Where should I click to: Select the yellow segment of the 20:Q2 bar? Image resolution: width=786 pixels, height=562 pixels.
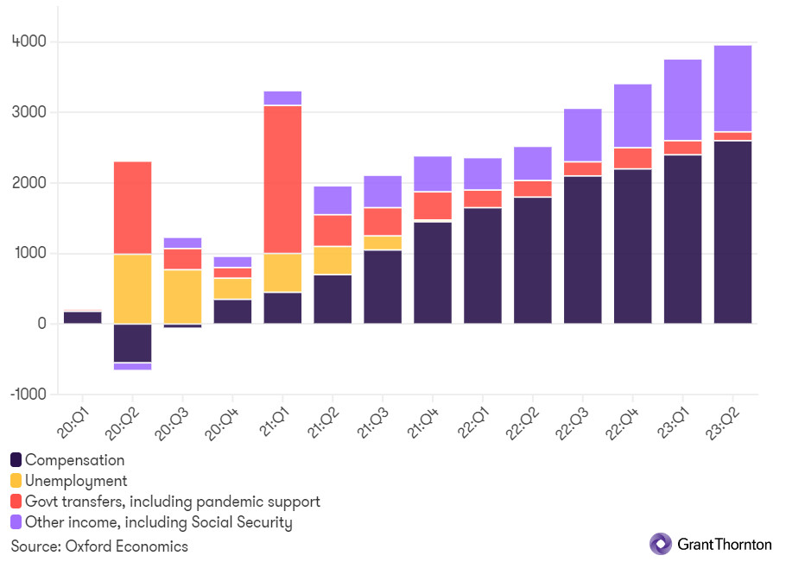132,288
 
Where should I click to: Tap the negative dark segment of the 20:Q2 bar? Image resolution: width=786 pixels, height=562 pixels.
132,343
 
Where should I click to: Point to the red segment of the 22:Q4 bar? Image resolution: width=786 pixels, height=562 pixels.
633,158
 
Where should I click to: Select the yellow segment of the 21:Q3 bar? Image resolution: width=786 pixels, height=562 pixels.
383,243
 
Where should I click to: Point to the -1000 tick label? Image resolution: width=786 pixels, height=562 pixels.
27,394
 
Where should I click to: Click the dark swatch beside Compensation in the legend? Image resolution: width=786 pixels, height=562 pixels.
16,460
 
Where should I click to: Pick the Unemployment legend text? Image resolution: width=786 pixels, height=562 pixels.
76,481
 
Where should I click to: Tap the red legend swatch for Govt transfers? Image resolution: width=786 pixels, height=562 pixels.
16,502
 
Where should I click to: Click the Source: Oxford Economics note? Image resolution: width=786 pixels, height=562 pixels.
99,546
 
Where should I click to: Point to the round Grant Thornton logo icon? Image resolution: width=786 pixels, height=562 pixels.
661,544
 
